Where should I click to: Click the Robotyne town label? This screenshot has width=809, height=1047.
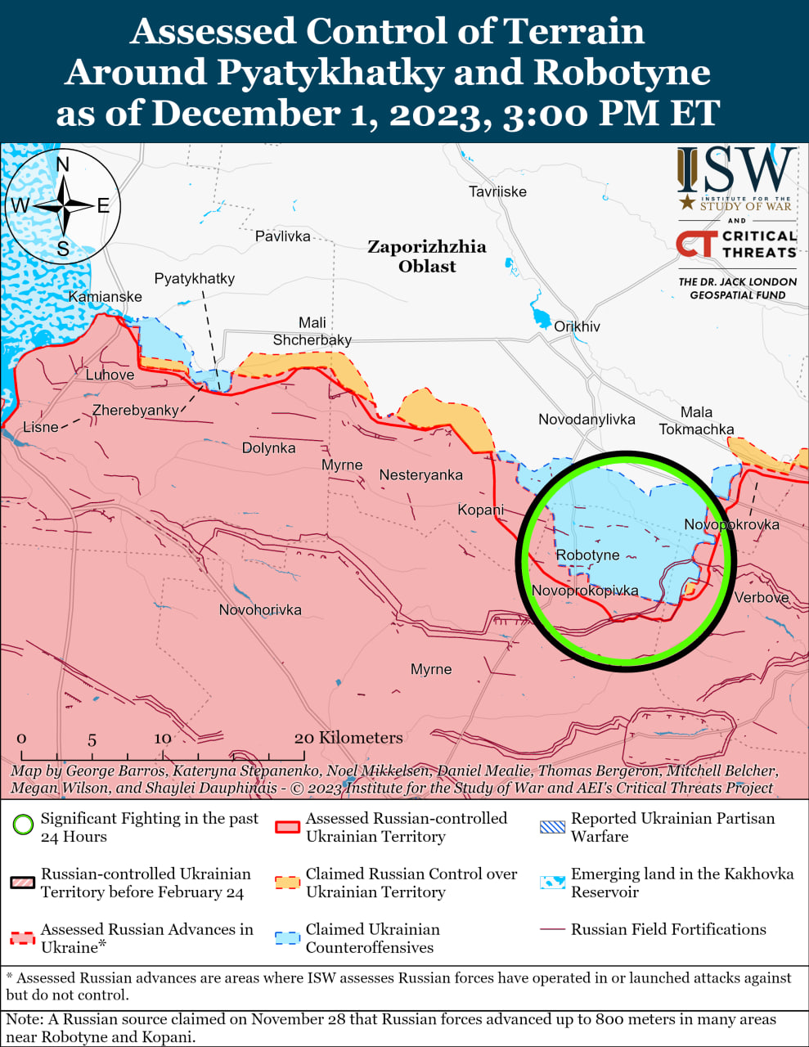coord(587,555)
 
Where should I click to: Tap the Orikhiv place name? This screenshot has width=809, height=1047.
coord(577,326)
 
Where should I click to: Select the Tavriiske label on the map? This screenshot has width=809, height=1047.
coord(497,191)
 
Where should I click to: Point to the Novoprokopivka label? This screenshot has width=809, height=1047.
coord(584,591)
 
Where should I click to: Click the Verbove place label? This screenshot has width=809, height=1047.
coord(761,597)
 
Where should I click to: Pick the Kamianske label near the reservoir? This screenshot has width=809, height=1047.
coord(105,297)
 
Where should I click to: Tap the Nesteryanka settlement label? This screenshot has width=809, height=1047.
coord(420,475)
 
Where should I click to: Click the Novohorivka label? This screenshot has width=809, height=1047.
coord(260,610)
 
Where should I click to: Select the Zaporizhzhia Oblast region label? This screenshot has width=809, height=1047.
coord(426,256)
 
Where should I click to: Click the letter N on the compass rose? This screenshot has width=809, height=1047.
coord(63,164)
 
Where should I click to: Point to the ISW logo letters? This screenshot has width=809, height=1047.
coord(736,172)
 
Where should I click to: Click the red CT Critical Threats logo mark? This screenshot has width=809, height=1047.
coord(696,244)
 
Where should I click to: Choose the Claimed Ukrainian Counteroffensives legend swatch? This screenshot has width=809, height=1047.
coord(288,937)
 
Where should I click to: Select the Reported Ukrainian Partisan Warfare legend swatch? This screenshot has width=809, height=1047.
coord(553,826)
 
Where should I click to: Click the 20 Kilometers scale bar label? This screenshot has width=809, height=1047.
coord(348,738)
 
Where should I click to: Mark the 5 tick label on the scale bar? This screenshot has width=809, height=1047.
coord(92,739)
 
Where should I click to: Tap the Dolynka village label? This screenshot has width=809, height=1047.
coord(268,448)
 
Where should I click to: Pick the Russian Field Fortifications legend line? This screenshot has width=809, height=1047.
coord(553,929)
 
